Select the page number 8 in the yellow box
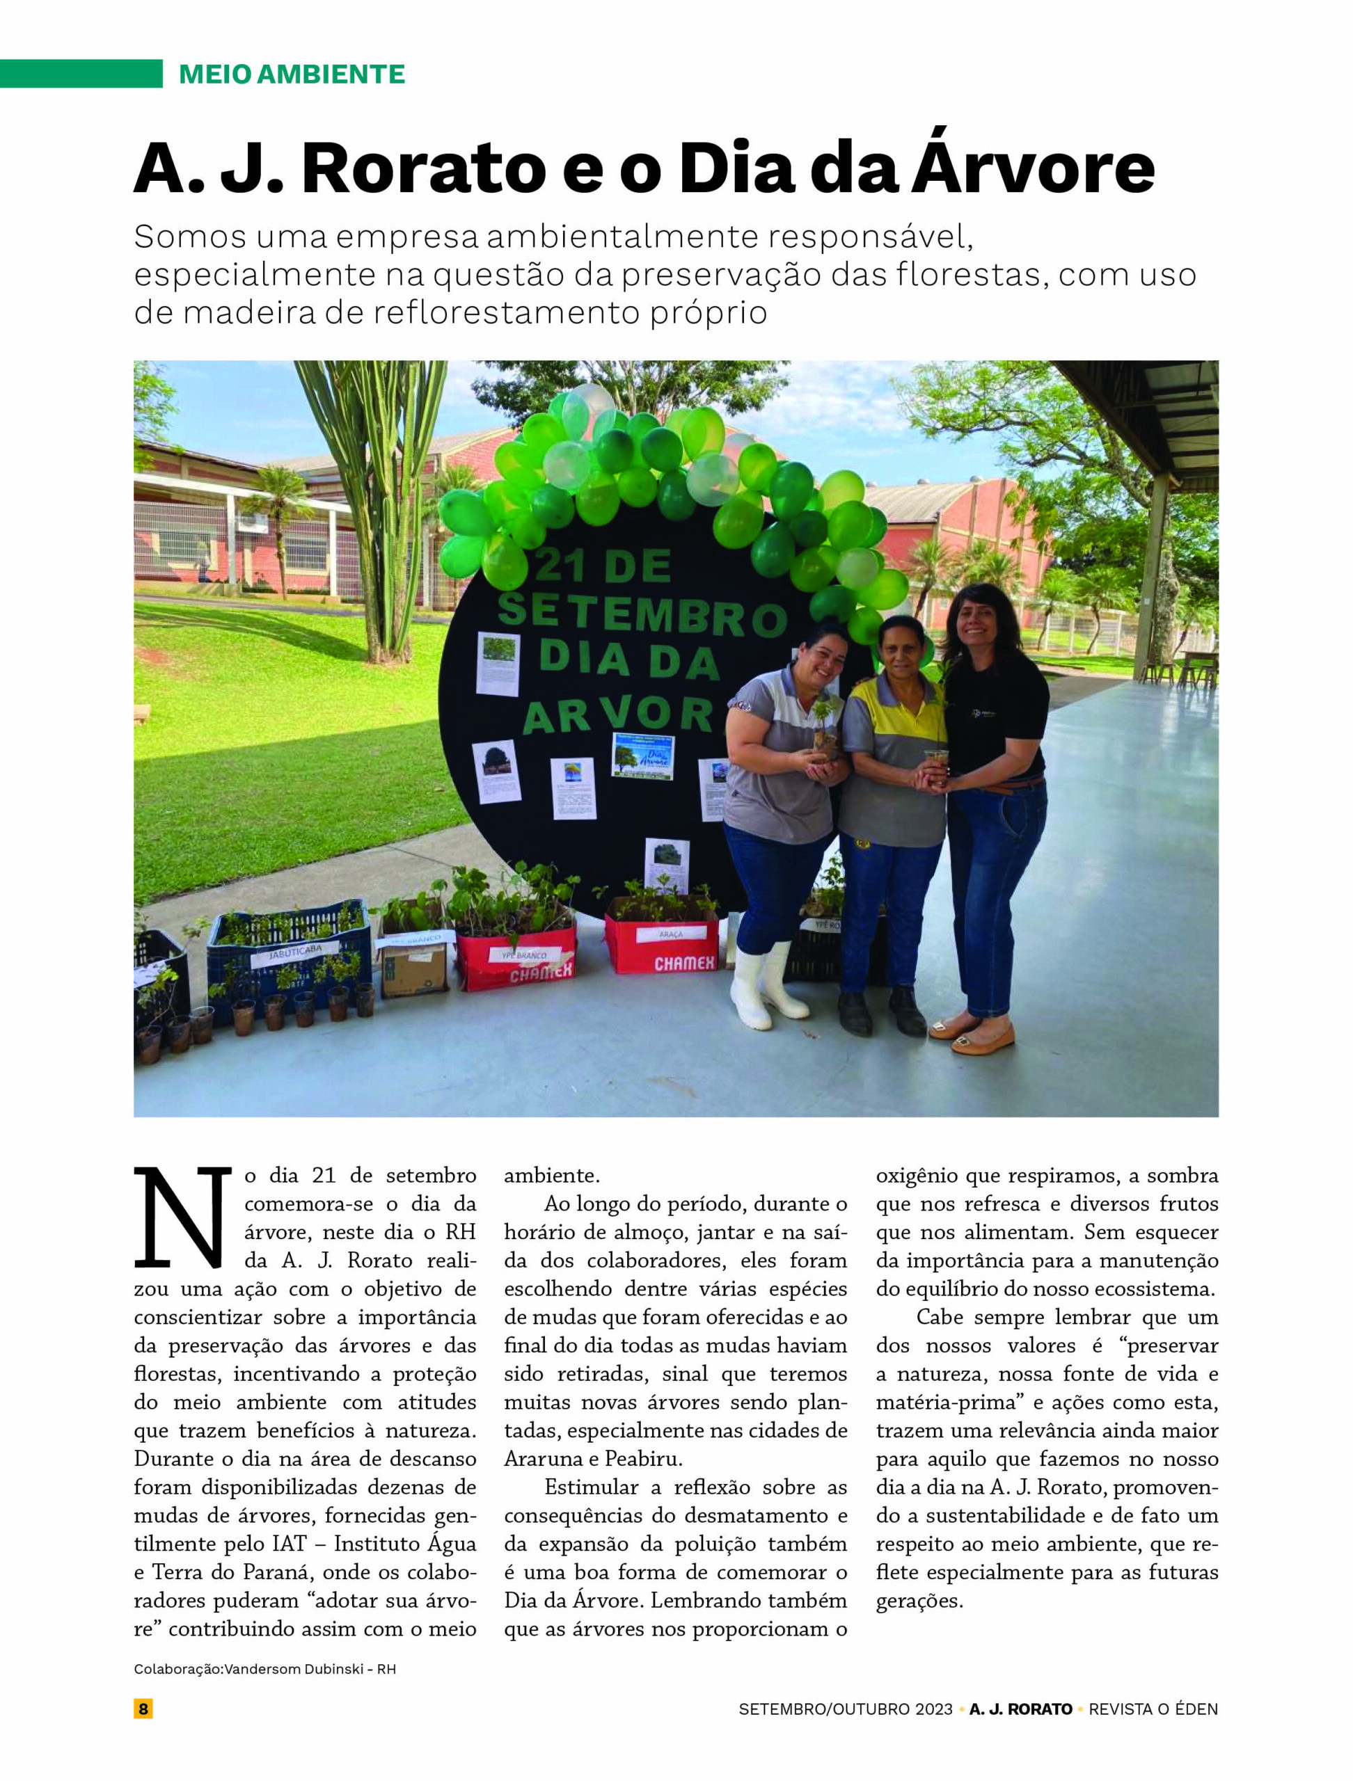click(x=143, y=1709)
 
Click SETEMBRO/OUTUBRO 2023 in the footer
click(x=846, y=1709)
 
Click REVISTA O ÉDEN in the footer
click(x=1153, y=1709)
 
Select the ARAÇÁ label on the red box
click(x=670, y=934)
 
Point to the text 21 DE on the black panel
click(x=603, y=566)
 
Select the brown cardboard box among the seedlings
click(x=414, y=967)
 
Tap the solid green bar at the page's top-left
click(x=81, y=73)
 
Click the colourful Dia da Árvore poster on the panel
click(x=642, y=756)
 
